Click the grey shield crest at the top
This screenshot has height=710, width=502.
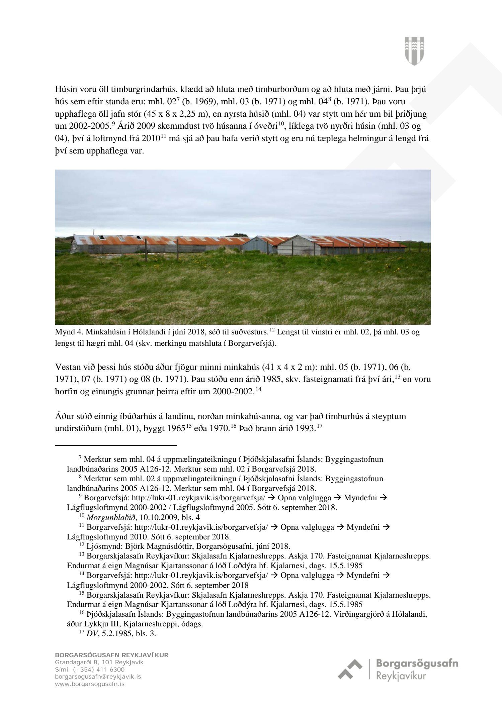pos(414,50)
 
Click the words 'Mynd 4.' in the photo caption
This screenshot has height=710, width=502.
pos(69,332)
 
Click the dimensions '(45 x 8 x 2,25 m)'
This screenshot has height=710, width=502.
pos(174,114)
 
